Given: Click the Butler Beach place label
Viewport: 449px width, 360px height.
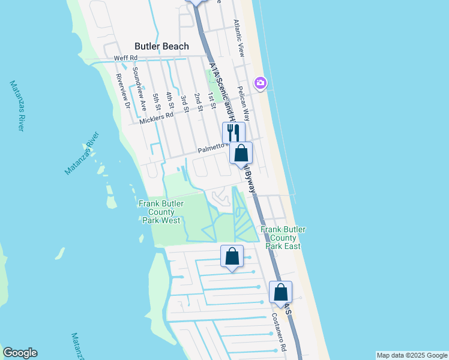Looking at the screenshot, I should (161, 46).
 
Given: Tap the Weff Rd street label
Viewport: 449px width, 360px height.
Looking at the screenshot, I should (126, 58).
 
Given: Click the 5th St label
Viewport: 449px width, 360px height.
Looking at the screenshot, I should (157, 102).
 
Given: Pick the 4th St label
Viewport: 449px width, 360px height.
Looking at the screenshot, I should (170, 100).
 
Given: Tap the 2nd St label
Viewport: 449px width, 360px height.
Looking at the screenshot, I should (197, 101).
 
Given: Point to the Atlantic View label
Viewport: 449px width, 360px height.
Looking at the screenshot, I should (239, 38).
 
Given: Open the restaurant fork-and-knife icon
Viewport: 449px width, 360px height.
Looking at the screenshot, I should (234, 132).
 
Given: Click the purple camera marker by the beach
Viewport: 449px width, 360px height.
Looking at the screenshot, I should (260, 83).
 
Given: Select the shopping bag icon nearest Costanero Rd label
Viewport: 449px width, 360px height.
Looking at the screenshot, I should (280, 292).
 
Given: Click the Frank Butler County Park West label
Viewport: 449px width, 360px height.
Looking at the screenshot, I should (160, 212).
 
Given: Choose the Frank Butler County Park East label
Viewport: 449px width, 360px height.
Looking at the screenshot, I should (283, 238).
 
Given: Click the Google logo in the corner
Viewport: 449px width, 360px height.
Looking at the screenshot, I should (20, 353).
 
